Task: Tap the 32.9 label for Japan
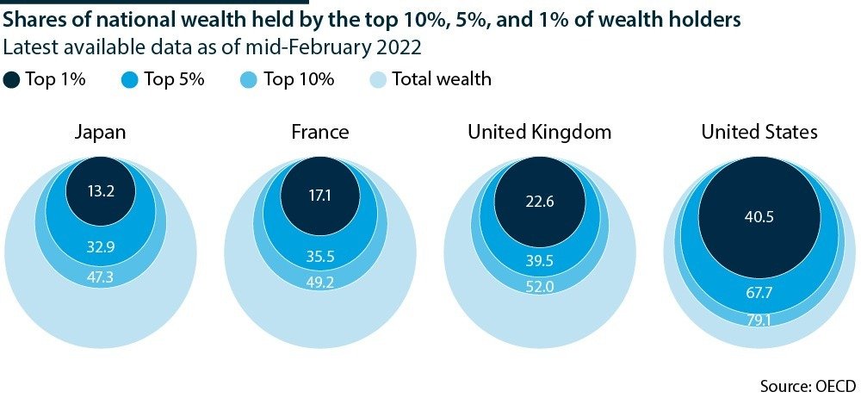[x=101, y=247]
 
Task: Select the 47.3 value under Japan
[x=101, y=277]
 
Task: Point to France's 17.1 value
[x=319, y=196]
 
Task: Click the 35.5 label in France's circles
[x=319, y=255]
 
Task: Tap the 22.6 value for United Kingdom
[x=540, y=202]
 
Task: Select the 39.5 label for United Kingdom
[x=540, y=261]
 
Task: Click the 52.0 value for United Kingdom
[x=540, y=287]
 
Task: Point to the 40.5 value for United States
[x=759, y=217]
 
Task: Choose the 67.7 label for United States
[x=759, y=293]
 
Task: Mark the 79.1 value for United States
[x=759, y=319]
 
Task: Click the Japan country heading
[x=101, y=132]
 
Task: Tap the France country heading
[x=319, y=132]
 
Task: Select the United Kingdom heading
[x=540, y=132]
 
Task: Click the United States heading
[x=759, y=132]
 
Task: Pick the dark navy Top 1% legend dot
[x=12, y=80]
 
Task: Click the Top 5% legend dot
[x=130, y=80]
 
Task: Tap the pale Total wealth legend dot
[x=377, y=80]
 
